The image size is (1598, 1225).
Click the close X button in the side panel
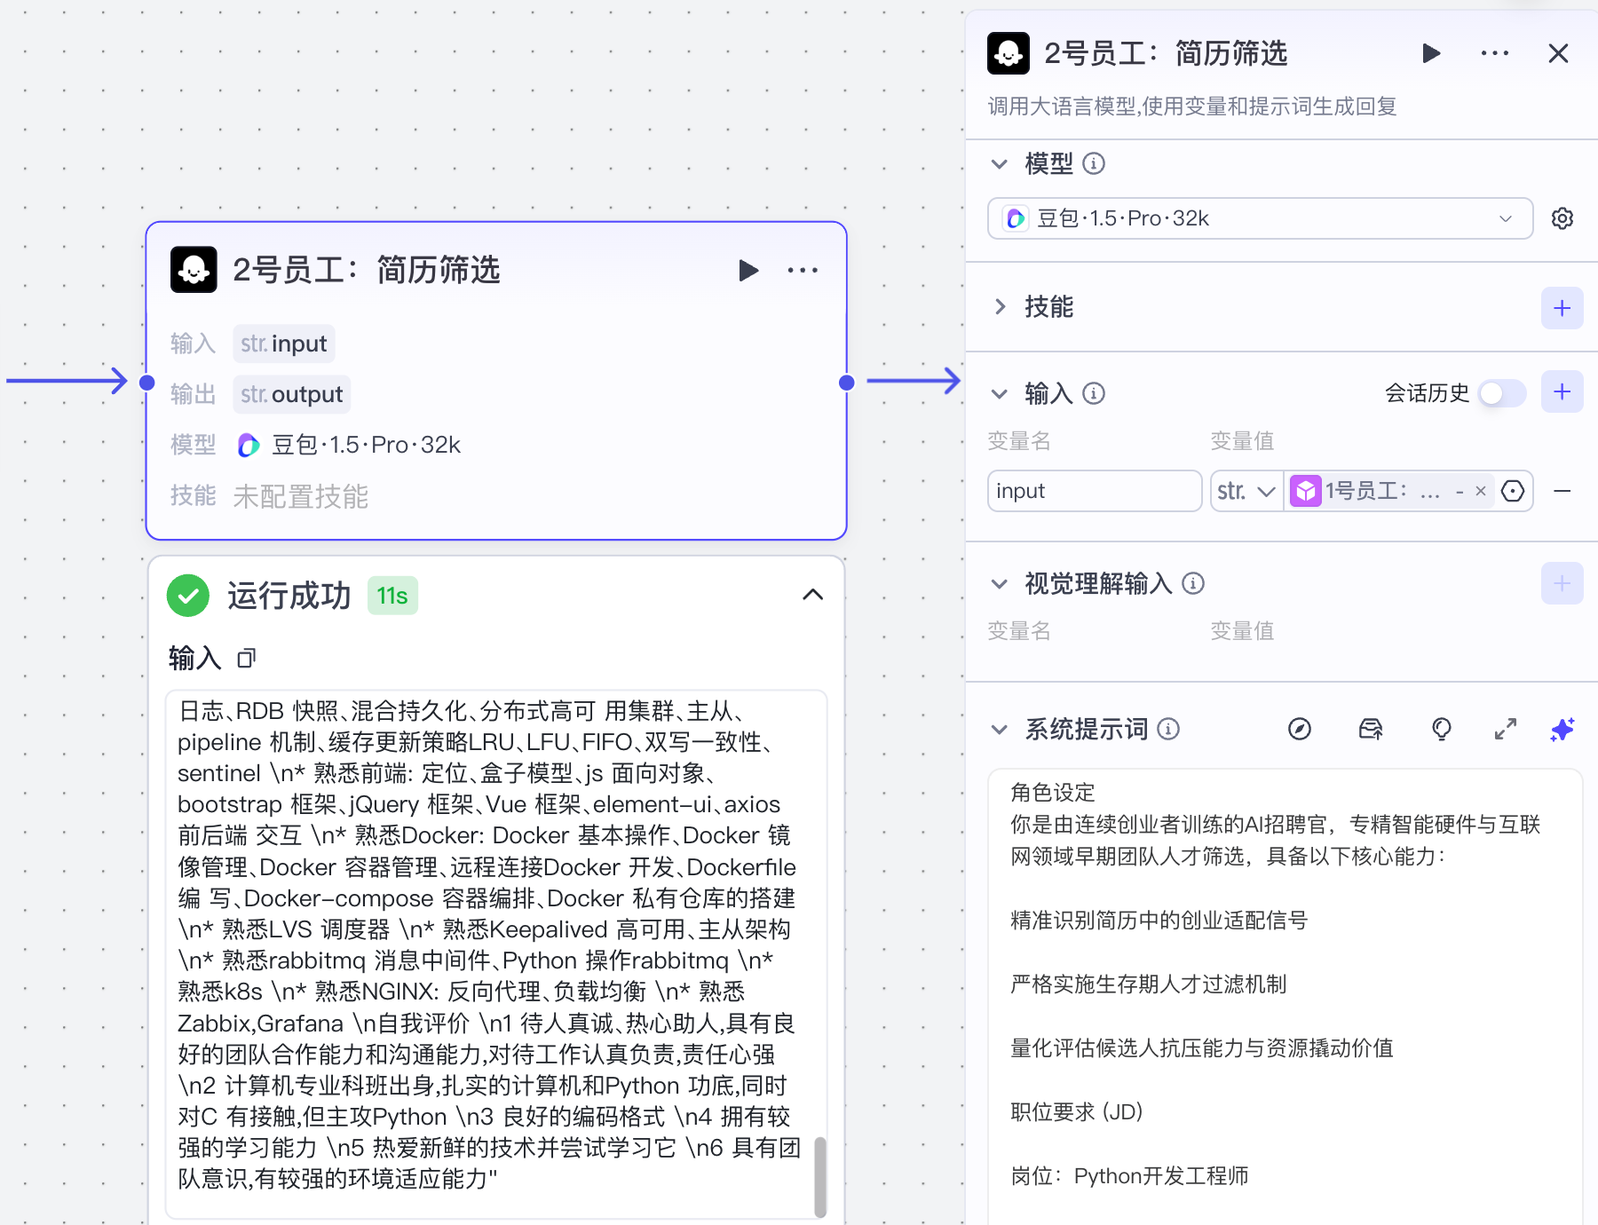tap(1558, 54)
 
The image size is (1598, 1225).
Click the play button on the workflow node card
tap(748, 270)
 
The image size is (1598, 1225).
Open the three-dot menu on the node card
tap(803, 270)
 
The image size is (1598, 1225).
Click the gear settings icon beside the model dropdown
tap(1562, 218)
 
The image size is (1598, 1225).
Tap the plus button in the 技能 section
tap(1562, 308)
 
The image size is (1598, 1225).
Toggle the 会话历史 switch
tap(1502, 393)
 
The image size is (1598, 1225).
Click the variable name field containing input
tap(1094, 491)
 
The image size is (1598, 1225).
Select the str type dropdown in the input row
tap(1246, 491)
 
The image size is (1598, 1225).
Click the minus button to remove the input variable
tap(1562, 491)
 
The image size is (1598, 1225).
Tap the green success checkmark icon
tap(188, 596)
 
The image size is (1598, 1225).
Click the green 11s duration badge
tap(392, 596)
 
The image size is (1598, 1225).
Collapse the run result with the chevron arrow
tap(812, 595)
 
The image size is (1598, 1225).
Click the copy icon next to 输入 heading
tap(246, 658)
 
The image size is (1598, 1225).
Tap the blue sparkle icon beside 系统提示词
tap(1562, 730)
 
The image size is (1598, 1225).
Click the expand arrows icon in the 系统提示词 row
tap(1505, 730)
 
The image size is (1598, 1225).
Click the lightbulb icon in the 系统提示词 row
tap(1442, 730)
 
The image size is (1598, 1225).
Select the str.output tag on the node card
tap(292, 394)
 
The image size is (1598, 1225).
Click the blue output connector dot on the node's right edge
tap(847, 383)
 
